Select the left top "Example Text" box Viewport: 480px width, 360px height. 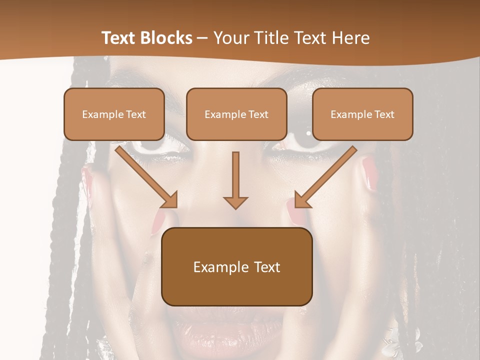[114, 114]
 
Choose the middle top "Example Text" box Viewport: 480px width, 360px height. [236, 114]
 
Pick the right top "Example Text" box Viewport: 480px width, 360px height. [362, 114]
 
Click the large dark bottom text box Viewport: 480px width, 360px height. [236, 266]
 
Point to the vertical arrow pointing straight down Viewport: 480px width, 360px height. [235, 180]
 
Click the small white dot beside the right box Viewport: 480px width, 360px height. [308, 133]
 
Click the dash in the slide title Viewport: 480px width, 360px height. [202, 38]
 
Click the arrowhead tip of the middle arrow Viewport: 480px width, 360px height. [235, 207]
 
